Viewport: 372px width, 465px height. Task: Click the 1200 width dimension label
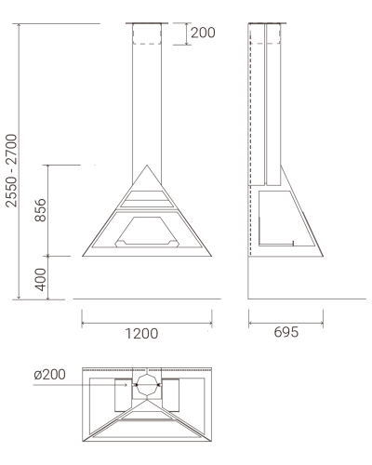141,334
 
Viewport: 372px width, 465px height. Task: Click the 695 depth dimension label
286,332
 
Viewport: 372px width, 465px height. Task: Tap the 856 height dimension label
41,210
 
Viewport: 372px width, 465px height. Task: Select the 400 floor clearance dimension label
41,279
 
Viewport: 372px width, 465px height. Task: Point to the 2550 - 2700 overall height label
11,170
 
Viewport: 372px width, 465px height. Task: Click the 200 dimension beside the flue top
203,33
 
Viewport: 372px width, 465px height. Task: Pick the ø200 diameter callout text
50,375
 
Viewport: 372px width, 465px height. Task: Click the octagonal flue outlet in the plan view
147,385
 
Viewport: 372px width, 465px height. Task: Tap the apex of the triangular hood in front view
147,166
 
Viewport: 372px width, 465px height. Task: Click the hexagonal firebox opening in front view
147,232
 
